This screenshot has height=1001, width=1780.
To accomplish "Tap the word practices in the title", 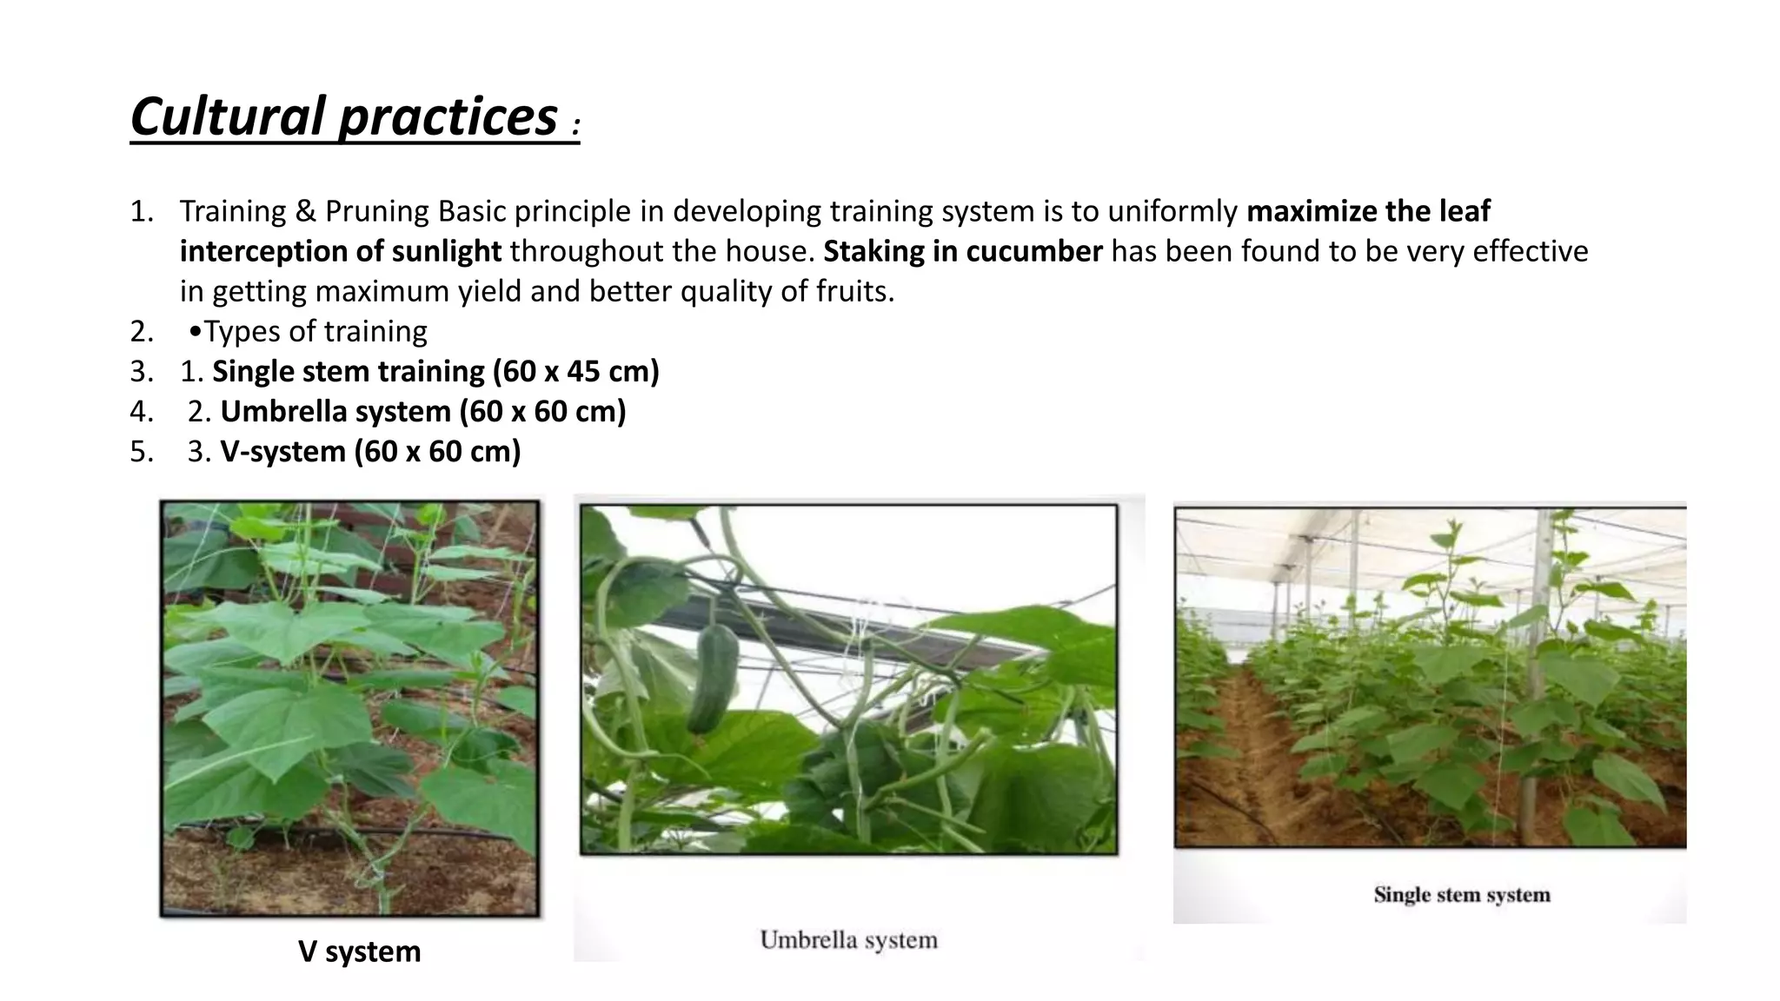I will click(448, 116).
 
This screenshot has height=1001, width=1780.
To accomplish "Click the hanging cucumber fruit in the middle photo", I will click(713, 678).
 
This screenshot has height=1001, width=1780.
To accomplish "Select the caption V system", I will click(359, 951).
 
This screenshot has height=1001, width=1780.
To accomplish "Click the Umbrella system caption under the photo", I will click(848, 940).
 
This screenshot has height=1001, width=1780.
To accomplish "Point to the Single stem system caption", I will click(1461, 895).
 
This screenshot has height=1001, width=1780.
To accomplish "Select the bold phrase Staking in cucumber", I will click(962, 251).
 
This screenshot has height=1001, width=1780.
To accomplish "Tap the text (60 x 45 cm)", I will click(576, 371).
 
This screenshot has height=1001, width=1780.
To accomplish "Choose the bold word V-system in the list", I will click(282, 451).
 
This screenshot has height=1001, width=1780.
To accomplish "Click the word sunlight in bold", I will click(446, 251).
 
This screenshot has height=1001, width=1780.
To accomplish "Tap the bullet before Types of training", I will click(195, 332).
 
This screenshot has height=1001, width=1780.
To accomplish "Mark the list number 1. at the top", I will click(142, 211).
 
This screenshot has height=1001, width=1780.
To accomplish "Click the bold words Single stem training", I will click(348, 371).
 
